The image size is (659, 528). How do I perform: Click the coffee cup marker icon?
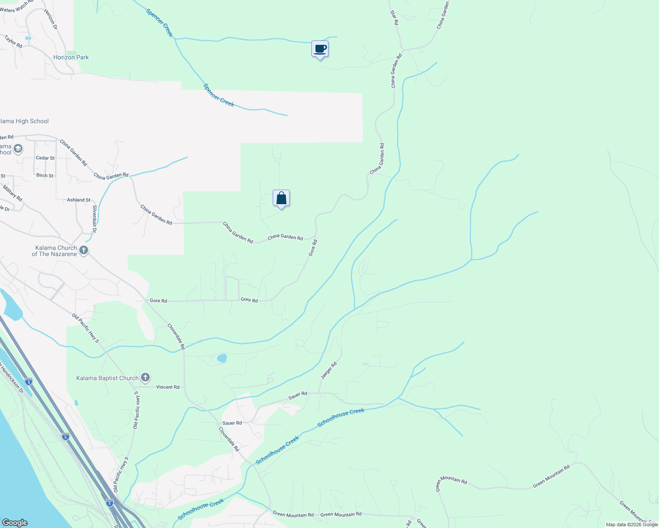point(320,49)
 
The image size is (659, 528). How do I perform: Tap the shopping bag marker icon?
point(281,198)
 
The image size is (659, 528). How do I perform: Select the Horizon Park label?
point(71,57)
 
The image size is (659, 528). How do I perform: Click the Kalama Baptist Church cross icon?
point(145,378)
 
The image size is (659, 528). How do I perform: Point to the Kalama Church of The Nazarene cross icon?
point(84,250)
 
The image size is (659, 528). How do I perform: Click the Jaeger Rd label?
point(329,370)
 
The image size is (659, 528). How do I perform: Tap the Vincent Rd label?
point(168,387)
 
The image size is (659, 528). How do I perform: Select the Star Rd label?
point(394,18)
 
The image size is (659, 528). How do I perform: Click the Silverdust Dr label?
point(95,217)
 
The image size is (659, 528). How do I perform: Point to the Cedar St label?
point(45,158)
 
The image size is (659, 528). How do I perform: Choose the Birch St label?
point(45,176)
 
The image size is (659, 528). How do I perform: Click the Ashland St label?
point(79,200)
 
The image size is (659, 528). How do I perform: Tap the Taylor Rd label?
point(13,41)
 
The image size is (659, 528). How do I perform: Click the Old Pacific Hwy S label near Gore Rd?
point(85,328)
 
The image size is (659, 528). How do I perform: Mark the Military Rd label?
point(12,194)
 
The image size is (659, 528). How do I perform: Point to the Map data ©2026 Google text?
point(632,524)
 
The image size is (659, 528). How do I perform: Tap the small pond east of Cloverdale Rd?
point(222,358)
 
